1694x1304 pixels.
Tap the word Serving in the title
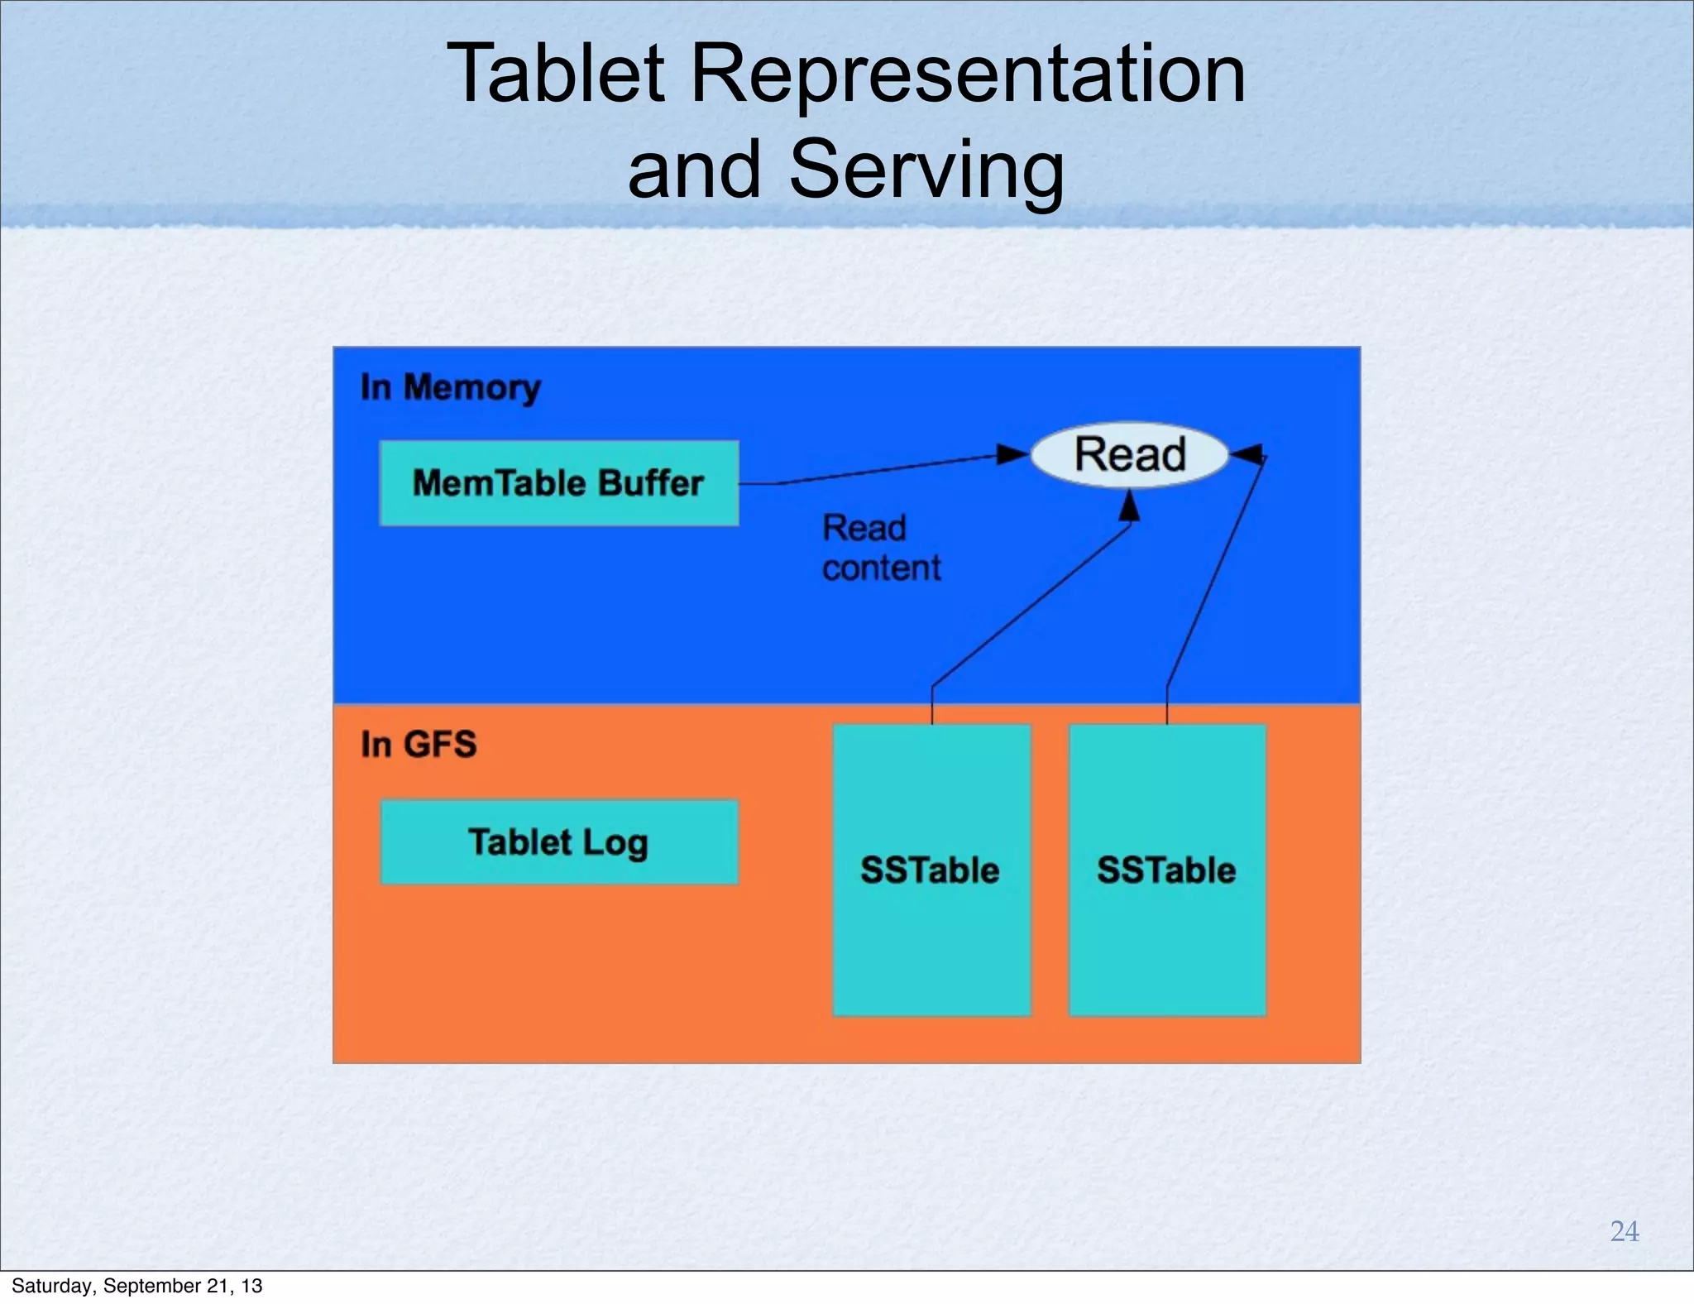pos(926,170)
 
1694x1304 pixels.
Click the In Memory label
pos(451,387)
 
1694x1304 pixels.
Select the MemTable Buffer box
pos(559,483)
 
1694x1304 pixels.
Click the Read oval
pos(1130,454)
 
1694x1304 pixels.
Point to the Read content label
pos(881,548)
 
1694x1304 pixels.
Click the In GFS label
pos(419,744)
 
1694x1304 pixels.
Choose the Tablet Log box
pos(559,842)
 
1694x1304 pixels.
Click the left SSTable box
pos(931,870)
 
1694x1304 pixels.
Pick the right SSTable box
pos(1167,870)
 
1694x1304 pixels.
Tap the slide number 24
pos(1625,1231)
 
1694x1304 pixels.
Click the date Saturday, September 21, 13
pos(136,1286)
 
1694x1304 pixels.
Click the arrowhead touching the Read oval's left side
pos(1013,454)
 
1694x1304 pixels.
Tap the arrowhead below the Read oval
pos(1130,506)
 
